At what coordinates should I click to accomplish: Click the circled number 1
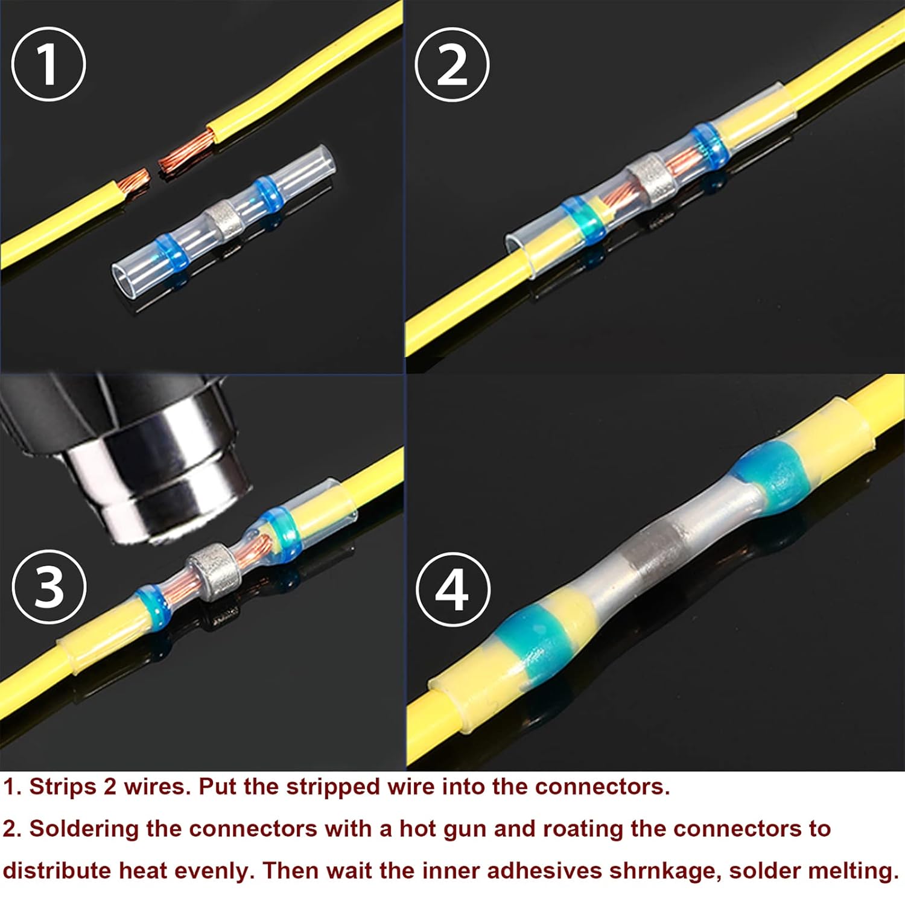[x=48, y=64]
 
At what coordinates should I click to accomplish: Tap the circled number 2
[x=452, y=64]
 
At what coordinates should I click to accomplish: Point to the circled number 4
[x=452, y=589]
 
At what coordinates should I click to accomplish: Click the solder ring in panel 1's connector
[x=224, y=217]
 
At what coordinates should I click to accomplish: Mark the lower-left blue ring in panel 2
[x=583, y=220]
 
